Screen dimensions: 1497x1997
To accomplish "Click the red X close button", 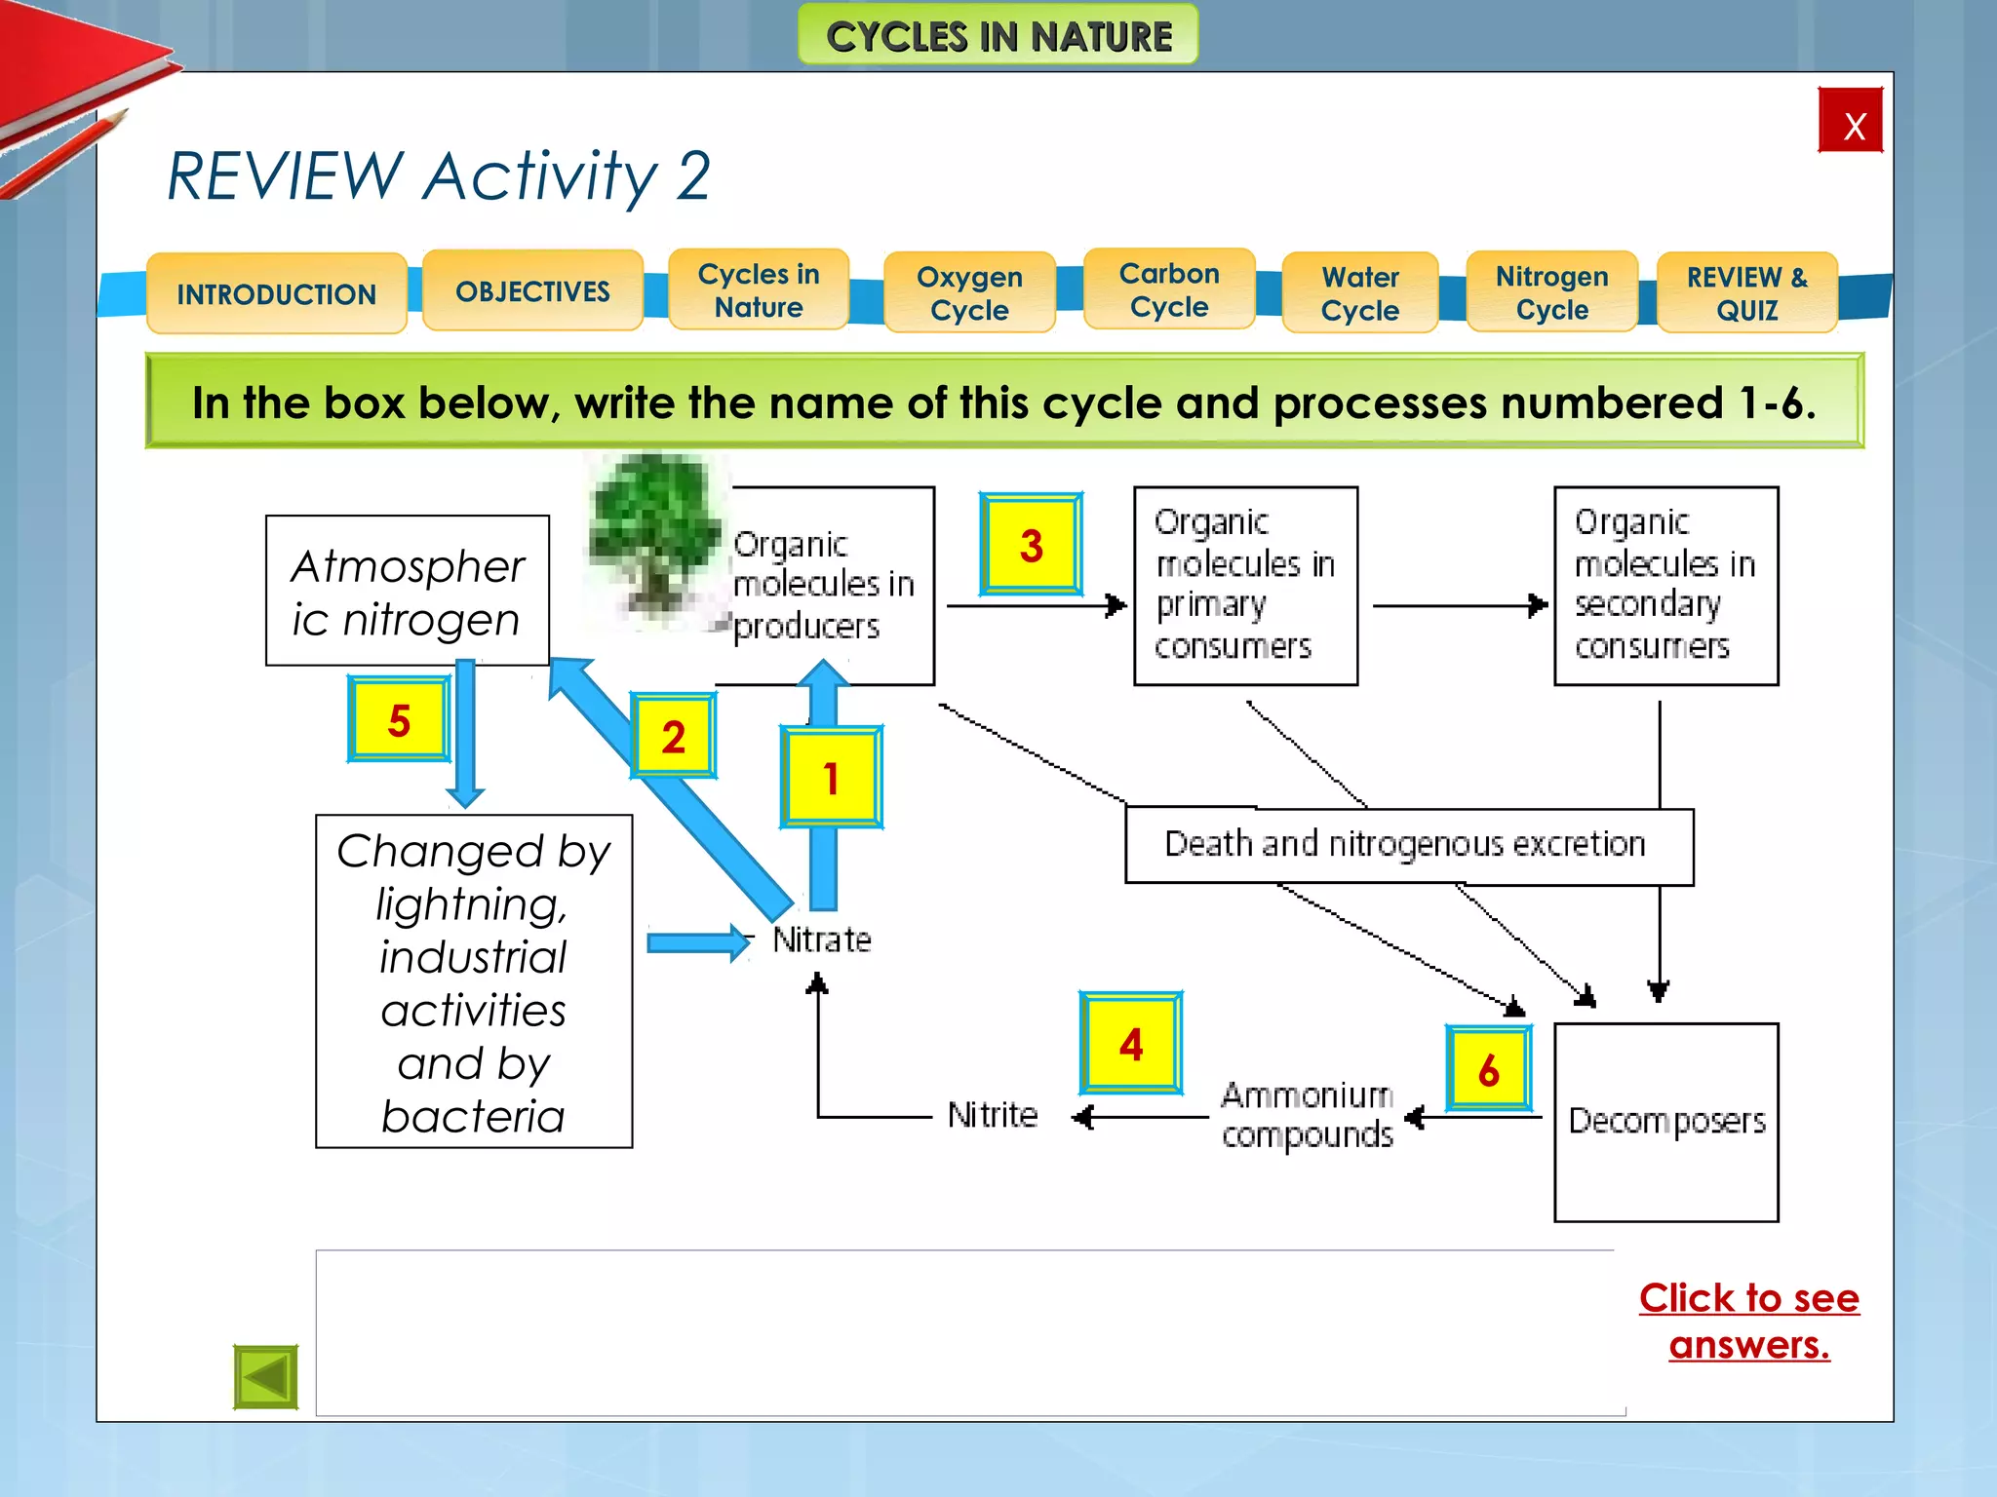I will pyautogui.click(x=1850, y=121).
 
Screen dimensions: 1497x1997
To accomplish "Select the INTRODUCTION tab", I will pyautogui.click(x=276, y=293).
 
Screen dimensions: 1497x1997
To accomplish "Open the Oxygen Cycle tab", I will pyautogui.click(x=968, y=293).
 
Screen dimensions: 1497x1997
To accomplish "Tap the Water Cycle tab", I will pyautogui.click(x=1359, y=293).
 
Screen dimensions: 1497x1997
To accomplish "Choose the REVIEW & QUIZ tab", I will pyautogui.click(x=1746, y=293).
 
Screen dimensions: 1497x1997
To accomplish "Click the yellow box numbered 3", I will pyautogui.click(x=1031, y=545).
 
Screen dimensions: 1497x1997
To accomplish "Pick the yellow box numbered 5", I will pyautogui.click(x=399, y=719).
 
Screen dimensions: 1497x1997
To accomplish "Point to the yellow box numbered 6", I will pyautogui.click(x=1488, y=1069).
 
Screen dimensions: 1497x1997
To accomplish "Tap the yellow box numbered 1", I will pyautogui.click(x=831, y=778).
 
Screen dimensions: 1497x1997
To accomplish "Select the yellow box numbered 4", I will pyautogui.click(x=1130, y=1044).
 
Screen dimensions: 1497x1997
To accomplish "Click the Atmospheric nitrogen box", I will pyautogui.click(x=407, y=592).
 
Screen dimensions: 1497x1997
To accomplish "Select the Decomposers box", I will pyautogui.click(x=1665, y=1122).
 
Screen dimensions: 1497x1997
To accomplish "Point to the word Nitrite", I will pyautogui.click(x=992, y=1115).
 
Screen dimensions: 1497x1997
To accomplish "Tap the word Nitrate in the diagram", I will pyautogui.click(x=821, y=940).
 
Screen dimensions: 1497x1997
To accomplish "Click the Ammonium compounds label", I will pyautogui.click(x=1307, y=1115).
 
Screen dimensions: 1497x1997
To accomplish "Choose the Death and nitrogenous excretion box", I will pyautogui.click(x=1407, y=845).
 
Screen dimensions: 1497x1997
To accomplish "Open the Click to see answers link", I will pyautogui.click(x=1748, y=1321).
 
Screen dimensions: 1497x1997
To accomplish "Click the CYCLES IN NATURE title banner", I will pyautogui.click(x=998, y=36).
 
